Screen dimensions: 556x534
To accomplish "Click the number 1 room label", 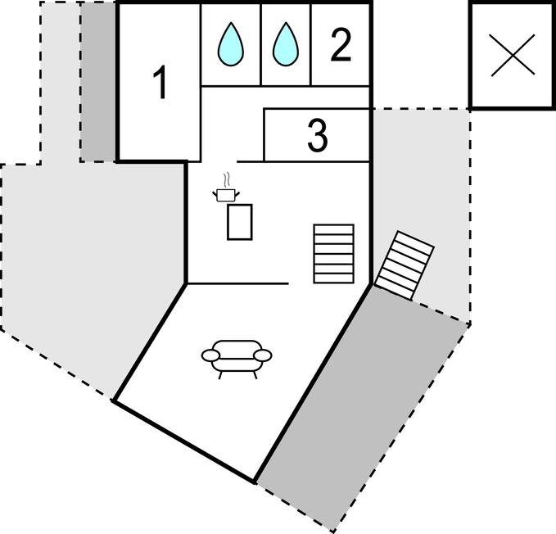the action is pyautogui.click(x=160, y=83).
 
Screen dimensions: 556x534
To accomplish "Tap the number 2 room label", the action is pyautogui.click(x=341, y=45).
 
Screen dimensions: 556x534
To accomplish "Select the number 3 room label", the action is pyautogui.click(x=318, y=135).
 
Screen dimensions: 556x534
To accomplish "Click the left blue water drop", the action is pyautogui.click(x=231, y=44).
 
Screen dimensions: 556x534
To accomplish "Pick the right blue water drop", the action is pyautogui.click(x=286, y=44).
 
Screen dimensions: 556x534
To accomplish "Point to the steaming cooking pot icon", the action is pyautogui.click(x=226, y=188).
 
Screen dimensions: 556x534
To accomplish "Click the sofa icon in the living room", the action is pyautogui.click(x=237, y=360).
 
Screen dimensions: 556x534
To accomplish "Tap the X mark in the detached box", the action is pyautogui.click(x=513, y=55).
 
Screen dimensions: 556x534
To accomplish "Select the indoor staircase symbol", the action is pyautogui.click(x=333, y=254).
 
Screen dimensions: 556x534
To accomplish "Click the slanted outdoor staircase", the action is pyautogui.click(x=405, y=265).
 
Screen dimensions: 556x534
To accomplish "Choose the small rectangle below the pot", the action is pyautogui.click(x=240, y=222).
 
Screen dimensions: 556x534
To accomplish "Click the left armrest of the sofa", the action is pyautogui.click(x=210, y=355).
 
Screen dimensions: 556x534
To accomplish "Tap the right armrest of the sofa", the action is pyautogui.click(x=263, y=355).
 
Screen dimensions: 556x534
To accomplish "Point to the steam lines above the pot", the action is pyautogui.click(x=227, y=180).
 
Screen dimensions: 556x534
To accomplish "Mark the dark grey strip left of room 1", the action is pyautogui.click(x=98, y=82).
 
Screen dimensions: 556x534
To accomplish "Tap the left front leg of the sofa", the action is pyautogui.click(x=220, y=375).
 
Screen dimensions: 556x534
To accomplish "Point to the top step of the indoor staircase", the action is pyautogui.click(x=333, y=229).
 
